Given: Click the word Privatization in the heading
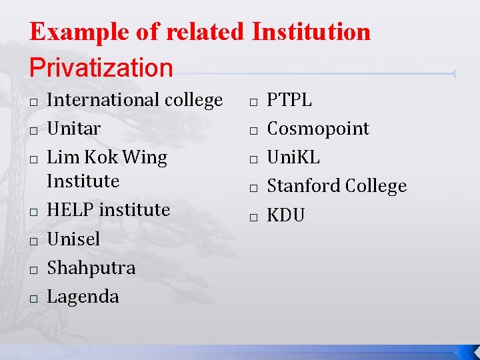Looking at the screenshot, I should pos(101,67).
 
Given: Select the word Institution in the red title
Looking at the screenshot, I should pos(311,31).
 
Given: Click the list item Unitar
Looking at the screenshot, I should pos(74,128).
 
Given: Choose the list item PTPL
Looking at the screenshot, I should pos(289,100).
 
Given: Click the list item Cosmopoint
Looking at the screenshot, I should pos(318,128).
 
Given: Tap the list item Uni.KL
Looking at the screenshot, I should pos(293,157).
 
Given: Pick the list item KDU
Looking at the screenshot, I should pos(286,215).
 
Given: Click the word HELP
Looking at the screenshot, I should pos(67,209).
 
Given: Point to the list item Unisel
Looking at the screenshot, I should pos(73,239).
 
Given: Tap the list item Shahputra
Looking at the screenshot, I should pos(91,267).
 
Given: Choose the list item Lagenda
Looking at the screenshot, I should pos(83,296).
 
